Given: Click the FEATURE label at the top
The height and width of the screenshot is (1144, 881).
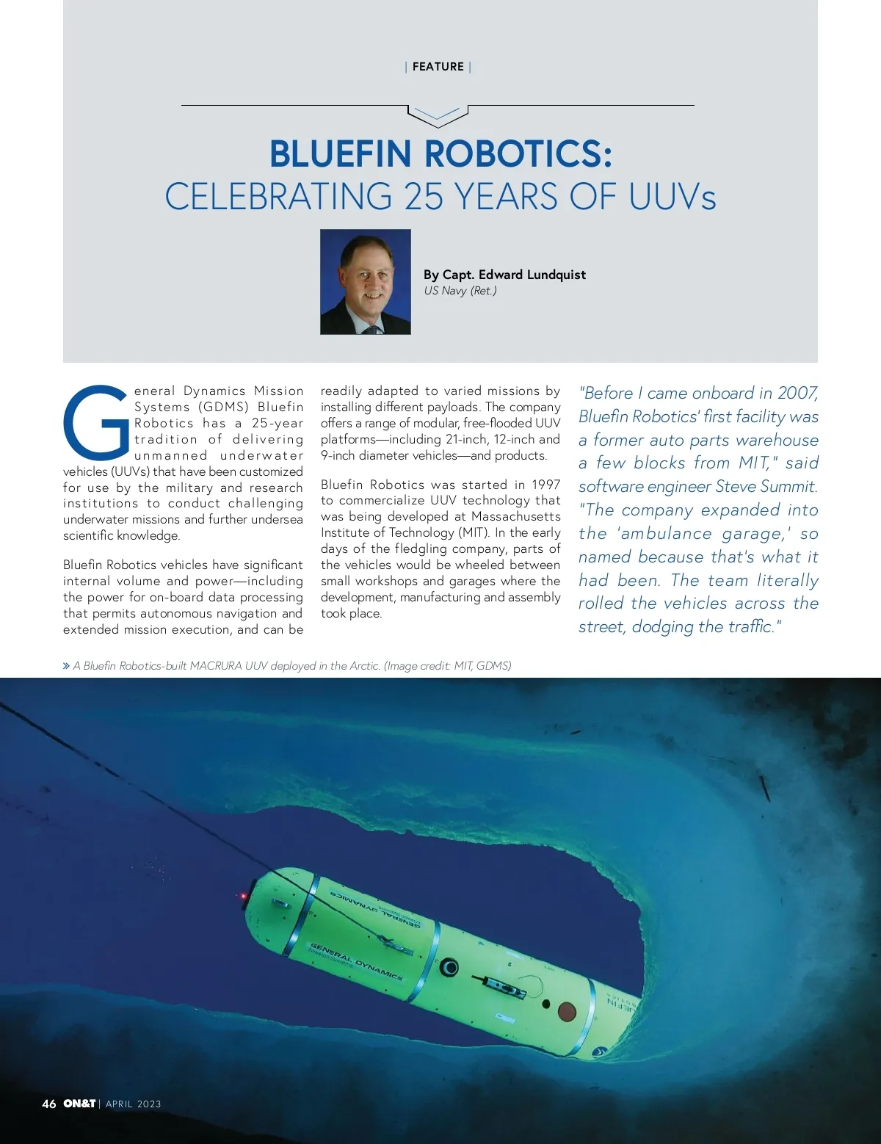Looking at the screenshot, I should [438, 67].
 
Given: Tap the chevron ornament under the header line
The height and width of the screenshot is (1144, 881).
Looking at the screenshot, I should [438, 115].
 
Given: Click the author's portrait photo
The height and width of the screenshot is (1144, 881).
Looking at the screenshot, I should [366, 282].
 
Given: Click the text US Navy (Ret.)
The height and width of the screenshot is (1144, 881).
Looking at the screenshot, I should [460, 291].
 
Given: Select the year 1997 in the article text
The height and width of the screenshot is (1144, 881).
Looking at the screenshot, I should [546, 485].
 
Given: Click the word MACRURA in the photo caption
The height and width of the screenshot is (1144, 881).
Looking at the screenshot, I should [216, 666].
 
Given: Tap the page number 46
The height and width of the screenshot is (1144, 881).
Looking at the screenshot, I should [49, 1104].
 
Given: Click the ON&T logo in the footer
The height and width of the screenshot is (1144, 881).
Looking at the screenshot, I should [79, 1104].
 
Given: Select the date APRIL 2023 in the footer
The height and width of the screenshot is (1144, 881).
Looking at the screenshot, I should [134, 1104].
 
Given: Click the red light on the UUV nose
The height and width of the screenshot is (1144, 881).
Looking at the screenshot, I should [242, 897].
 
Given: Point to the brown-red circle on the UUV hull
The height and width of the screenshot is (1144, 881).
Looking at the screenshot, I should [567, 1012].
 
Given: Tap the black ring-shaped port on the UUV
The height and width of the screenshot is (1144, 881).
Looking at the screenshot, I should [449, 967].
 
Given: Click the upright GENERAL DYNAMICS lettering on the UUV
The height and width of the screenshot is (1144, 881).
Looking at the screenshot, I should [356, 960].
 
